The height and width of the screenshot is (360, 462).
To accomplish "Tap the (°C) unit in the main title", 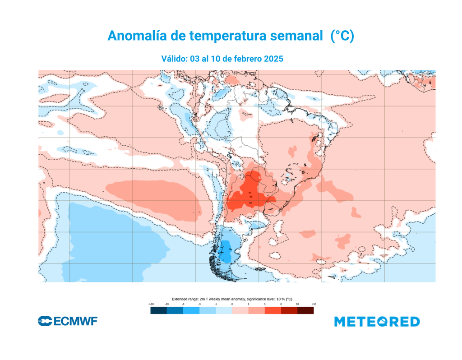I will [342, 36].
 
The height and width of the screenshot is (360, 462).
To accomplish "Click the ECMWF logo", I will [68, 321].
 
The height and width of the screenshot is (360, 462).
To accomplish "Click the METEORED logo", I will [377, 322].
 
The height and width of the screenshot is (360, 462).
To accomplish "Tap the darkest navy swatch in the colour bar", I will [158, 310].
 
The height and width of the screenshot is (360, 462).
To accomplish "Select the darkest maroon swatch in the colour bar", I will [305, 310].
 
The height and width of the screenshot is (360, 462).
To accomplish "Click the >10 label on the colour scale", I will [314, 305].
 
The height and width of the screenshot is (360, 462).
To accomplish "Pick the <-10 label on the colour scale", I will [151, 305].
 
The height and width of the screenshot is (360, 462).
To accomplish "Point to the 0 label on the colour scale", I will [232, 305].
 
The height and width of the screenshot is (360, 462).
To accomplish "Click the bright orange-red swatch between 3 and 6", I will [273, 310].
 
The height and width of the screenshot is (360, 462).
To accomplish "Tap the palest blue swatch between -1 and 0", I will [224, 310].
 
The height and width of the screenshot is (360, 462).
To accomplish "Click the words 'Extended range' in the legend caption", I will [184, 299].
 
